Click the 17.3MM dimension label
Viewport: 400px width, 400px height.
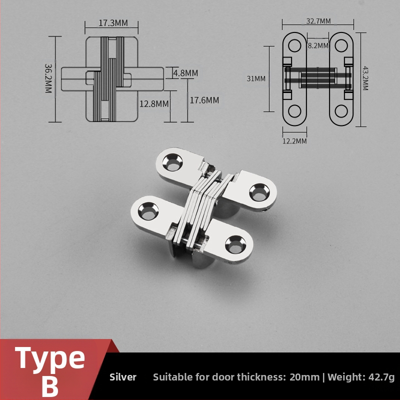[x=113, y=23]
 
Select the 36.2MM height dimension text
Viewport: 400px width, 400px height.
[x=48, y=78]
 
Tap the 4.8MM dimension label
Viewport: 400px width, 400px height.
[x=185, y=73]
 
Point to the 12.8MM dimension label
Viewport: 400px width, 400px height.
[x=154, y=104]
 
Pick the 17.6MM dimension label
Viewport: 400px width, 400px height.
[x=204, y=100]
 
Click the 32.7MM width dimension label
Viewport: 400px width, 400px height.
[x=318, y=21]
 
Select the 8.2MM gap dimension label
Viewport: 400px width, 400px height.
[x=318, y=45]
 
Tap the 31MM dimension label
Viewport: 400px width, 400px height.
[x=256, y=78]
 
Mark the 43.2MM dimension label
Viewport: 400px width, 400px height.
[x=365, y=78]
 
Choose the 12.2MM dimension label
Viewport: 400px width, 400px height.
[x=294, y=141]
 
